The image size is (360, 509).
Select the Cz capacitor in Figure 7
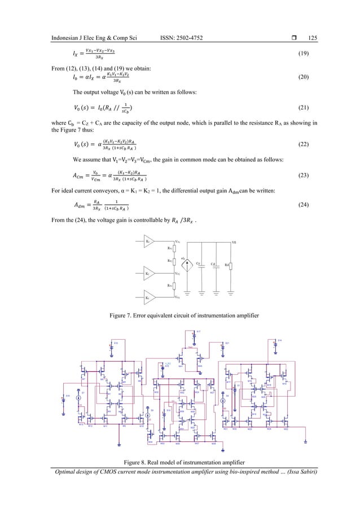click(198, 264)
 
